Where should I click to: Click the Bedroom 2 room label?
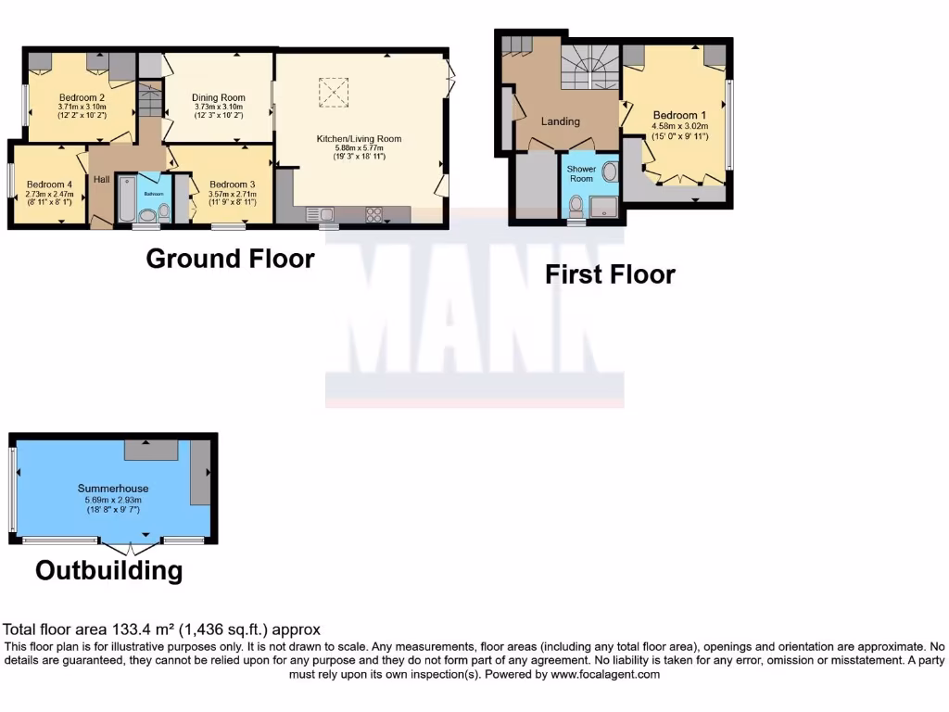click(82, 97)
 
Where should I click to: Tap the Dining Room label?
click(219, 97)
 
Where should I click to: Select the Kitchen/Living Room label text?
click(359, 139)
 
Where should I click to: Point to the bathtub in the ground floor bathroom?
click(126, 199)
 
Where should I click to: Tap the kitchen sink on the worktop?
click(328, 215)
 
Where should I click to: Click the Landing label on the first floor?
click(561, 121)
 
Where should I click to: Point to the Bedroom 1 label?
click(679, 116)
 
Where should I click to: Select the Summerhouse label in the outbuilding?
click(113, 489)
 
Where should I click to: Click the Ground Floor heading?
click(230, 259)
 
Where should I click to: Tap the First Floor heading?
click(609, 274)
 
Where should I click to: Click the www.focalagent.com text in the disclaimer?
click(604, 675)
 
